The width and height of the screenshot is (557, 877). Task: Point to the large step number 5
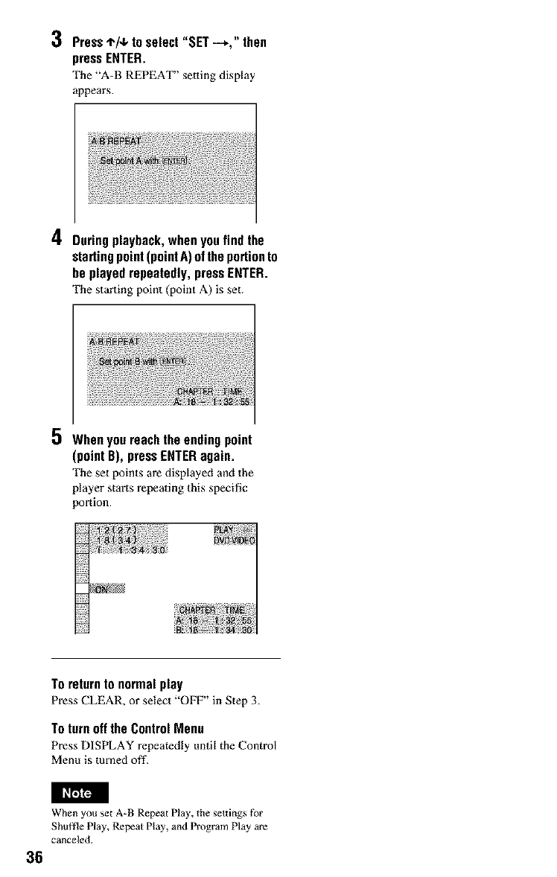[x=56, y=441]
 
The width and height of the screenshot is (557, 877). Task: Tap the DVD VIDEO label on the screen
[x=232, y=541]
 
